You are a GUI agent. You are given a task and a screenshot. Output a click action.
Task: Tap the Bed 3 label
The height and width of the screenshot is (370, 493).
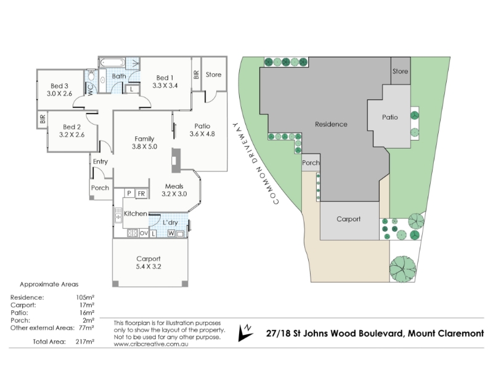click(x=59, y=85)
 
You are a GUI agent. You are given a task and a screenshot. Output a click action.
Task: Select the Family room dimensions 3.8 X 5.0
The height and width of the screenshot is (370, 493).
click(x=144, y=147)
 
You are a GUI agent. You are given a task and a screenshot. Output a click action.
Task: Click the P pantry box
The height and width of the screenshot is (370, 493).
click(x=129, y=194)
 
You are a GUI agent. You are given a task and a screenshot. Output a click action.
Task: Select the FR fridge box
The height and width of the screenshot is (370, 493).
click(x=141, y=194)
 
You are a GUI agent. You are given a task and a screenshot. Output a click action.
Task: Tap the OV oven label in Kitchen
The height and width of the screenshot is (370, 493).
click(x=144, y=234)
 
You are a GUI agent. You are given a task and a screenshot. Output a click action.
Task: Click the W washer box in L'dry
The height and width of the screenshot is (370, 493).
click(x=171, y=233)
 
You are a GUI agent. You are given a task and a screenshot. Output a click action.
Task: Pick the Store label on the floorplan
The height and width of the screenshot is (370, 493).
click(x=213, y=75)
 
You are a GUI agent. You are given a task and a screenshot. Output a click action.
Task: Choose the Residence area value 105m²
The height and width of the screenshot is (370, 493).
click(x=84, y=297)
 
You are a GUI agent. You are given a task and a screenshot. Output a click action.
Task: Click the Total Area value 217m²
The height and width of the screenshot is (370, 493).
click(x=84, y=342)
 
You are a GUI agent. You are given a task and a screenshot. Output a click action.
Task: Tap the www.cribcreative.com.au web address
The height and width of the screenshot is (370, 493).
click(x=150, y=343)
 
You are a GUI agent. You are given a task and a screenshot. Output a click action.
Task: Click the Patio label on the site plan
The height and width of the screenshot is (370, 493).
click(x=389, y=117)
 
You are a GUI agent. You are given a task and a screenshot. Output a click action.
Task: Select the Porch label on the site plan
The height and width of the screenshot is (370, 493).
click(x=311, y=163)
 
